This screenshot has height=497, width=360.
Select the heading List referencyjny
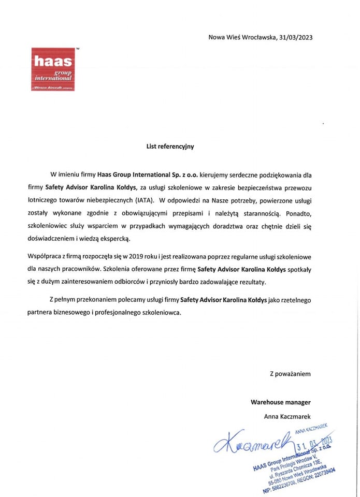pos(169,147)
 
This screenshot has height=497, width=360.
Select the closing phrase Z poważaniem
pos(290,373)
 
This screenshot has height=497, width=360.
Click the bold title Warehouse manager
pos(281,402)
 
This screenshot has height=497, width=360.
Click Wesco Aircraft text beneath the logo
pos(51,89)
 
